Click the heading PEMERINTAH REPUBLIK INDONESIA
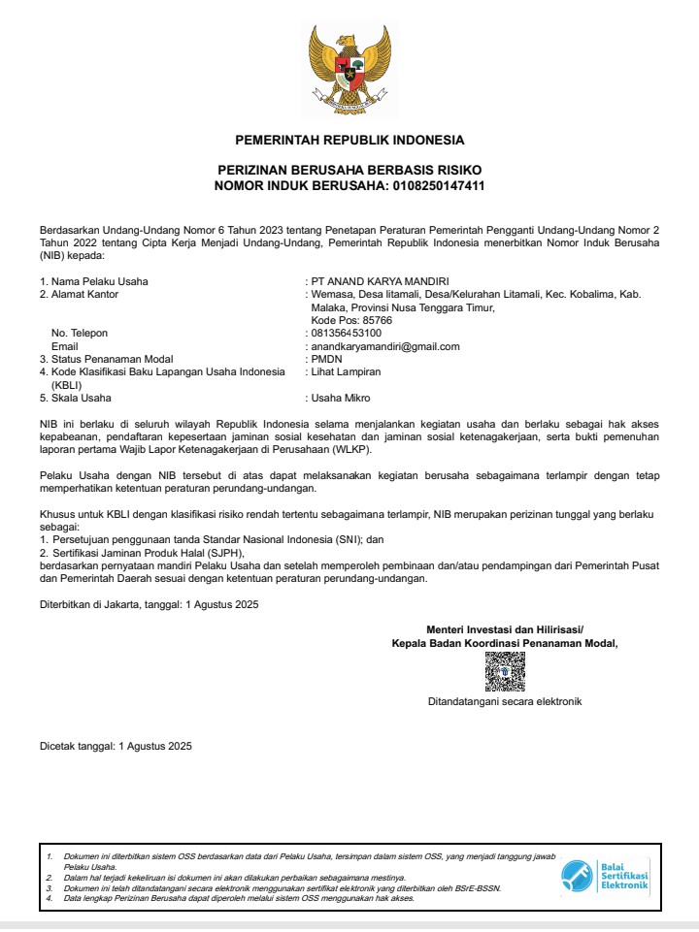[x=349, y=140]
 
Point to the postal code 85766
[x=373, y=320]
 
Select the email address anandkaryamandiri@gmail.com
[x=385, y=345]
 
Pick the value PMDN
[x=324, y=359]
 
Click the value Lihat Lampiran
[x=346, y=371]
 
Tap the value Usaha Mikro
[x=341, y=398]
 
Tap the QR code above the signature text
[x=505, y=670]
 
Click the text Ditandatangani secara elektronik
[x=505, y=700]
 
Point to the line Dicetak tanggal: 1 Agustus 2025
[x=116, y=746]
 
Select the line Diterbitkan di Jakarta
[x=149, y=604]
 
